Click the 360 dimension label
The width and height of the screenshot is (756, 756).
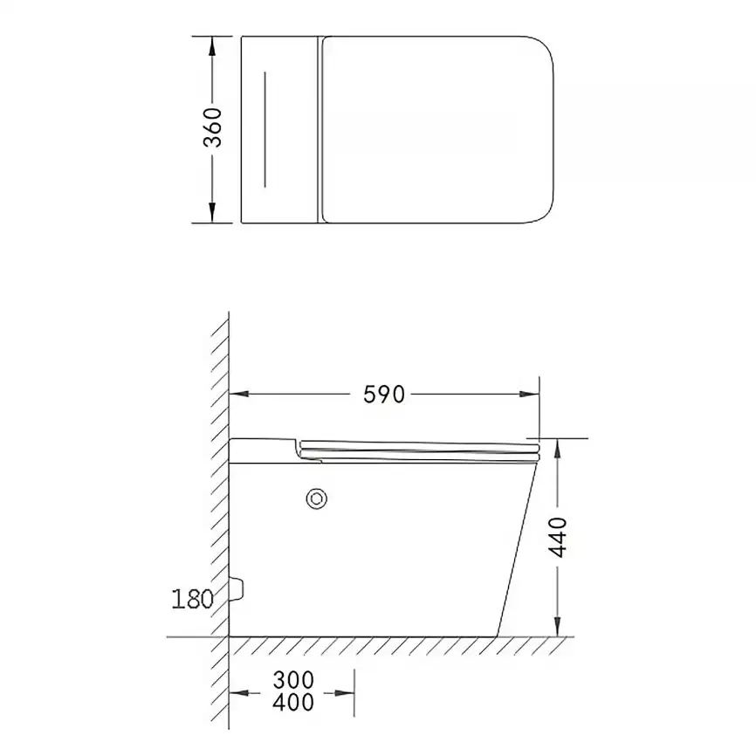213,127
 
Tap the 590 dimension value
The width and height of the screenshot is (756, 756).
384,395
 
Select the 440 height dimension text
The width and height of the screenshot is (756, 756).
559,537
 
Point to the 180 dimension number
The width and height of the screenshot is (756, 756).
192,599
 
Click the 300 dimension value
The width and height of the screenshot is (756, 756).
293,680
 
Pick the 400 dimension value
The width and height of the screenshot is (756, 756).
293,702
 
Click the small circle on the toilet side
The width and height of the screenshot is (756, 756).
317,499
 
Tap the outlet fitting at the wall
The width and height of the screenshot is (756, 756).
237,588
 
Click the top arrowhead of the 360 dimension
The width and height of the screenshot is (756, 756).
212,45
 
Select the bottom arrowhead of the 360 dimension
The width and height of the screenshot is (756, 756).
212,213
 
